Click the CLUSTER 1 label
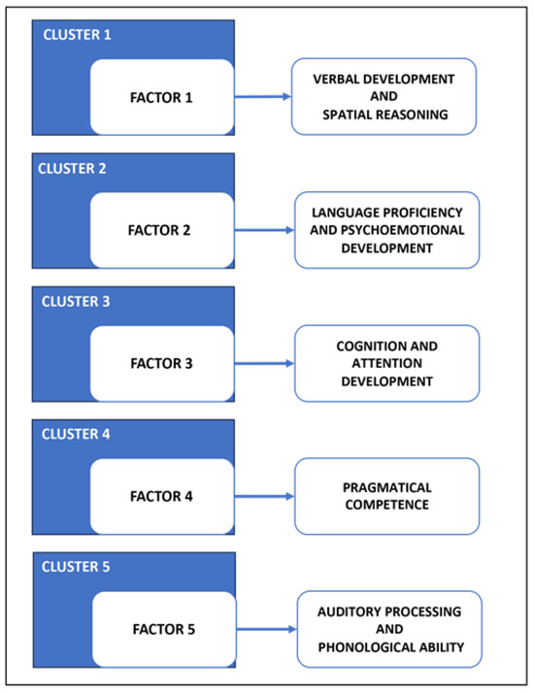[77, 34]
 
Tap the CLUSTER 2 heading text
[72, 168]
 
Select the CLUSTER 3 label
[76, 302]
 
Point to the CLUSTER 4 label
[76, 434]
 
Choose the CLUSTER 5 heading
[76, 566]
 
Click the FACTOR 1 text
[161, 97]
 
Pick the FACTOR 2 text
[159, 230]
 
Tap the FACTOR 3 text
[161, 363]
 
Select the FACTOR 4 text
[161, 496]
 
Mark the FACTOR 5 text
[164, 629]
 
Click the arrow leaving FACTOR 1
[262, 96]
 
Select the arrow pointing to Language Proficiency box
[264, 230]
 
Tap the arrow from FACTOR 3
[264, 363]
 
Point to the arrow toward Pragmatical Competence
[264, 497]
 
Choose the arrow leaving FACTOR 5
[267, 629]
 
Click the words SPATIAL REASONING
[385, 115]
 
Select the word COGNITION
[365, 346]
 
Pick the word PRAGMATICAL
[387, 487]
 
